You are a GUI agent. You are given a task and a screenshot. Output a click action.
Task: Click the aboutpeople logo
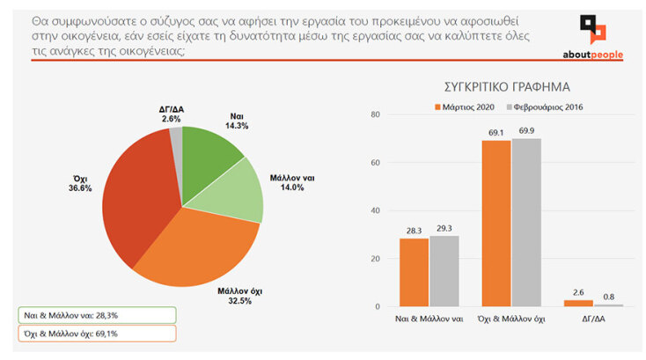coord(591,37)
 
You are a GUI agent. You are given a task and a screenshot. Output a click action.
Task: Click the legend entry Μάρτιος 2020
coord(467,107)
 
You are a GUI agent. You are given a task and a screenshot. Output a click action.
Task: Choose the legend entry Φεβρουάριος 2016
coord(546,107)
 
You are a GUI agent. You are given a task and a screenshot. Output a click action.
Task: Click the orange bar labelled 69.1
coord(496,224)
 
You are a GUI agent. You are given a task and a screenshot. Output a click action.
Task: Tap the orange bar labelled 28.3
coord(414,273)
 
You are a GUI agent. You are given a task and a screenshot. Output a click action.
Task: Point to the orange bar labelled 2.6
coord(578,303)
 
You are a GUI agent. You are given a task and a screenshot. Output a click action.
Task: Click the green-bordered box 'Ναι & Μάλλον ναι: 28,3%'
coord(96,315)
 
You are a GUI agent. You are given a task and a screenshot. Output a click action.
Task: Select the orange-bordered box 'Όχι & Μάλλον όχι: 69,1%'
coord(96,334)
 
